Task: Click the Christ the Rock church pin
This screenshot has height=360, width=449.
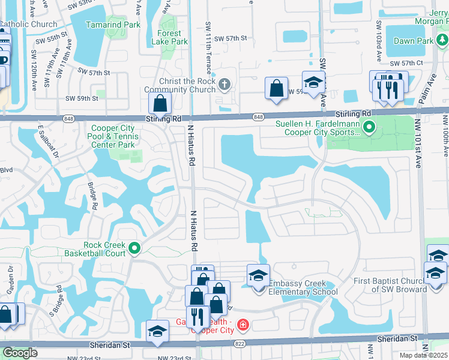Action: (x=224, y=84)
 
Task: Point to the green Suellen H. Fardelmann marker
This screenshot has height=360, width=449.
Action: (x=369, y=126)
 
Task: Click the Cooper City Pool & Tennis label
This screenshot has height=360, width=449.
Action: (x=115, y=136)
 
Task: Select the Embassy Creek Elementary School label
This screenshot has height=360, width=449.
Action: (x=303, y=287)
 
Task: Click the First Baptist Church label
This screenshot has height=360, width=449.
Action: (x=391, y=285)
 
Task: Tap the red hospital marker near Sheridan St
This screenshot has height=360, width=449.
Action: (x=243, y=325)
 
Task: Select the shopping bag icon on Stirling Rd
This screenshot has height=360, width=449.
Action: (x=161, y=103)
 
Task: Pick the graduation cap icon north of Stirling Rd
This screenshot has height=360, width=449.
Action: (x=313, y=82)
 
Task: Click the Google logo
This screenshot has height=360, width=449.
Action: (x=20, y=353)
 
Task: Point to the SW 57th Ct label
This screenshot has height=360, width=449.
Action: (x=407, y=63)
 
